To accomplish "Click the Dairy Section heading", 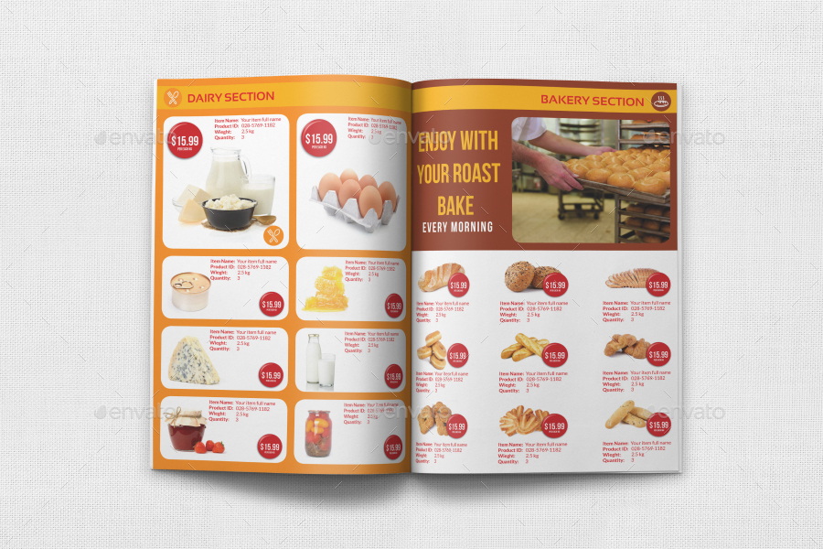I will (x=230, y=97).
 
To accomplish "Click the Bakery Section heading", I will (x=592, y=101).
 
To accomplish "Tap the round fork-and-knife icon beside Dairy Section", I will (x=172, y=97).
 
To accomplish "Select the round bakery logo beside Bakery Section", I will (x=660, y=102).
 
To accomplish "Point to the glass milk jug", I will (x=225, y=173).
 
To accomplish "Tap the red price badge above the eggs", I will (x=318, y=135).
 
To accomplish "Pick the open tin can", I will (x=189, y=292).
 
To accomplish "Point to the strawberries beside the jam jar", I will (x=215, y=447).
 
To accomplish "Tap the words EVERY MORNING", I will (x=457, y=227).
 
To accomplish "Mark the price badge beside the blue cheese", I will (x=271, y=375).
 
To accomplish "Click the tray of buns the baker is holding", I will (x=620, y=174).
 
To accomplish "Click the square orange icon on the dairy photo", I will (x=273, y=236).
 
